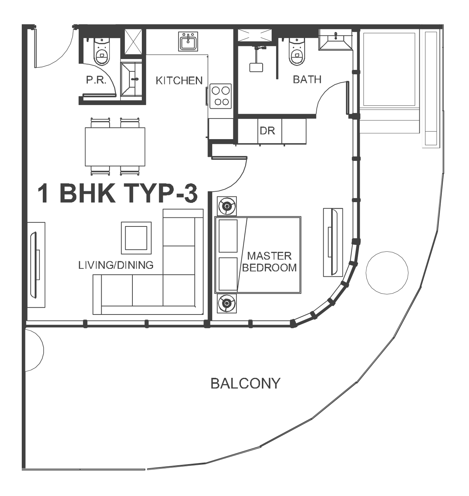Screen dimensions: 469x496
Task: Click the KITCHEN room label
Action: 179,81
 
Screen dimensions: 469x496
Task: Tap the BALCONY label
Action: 245,383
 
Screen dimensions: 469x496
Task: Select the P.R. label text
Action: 96,80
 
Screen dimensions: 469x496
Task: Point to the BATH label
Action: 307,79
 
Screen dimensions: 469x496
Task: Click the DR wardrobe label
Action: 267,131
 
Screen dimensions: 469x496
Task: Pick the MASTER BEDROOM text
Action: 270,262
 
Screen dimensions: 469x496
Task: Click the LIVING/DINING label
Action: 116,265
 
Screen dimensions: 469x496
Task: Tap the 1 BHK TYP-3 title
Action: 118,193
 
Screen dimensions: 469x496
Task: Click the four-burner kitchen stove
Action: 221,96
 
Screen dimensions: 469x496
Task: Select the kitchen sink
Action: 188,41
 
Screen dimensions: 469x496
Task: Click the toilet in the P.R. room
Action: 102,52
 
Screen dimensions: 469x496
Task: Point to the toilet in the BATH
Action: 297,52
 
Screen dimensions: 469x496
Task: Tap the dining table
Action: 115,147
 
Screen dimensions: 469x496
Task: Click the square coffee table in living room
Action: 136,238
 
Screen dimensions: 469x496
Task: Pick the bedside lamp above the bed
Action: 227,206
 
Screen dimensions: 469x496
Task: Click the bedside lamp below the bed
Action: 227,303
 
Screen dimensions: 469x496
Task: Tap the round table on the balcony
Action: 387,272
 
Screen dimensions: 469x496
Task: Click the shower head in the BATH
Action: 256,67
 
